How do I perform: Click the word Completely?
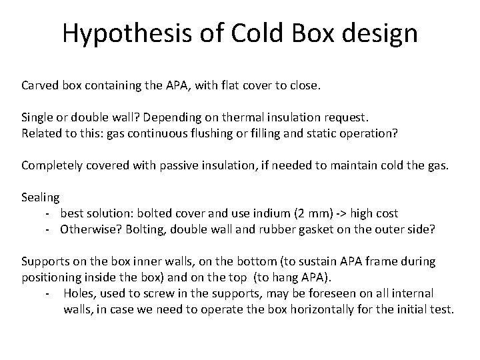pos(53,165)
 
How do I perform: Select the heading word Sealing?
pos(41,197)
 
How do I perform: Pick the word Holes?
pos(79,293)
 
